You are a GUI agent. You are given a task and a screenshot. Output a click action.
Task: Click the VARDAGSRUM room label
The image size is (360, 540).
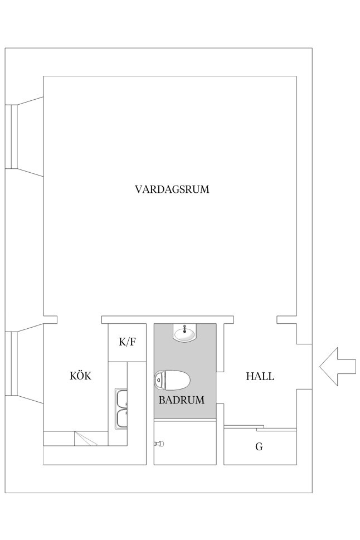(x=172, y=189)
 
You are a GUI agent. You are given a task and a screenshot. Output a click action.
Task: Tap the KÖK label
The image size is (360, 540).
(x=81, y=376)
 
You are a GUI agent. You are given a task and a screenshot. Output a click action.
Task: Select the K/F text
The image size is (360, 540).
(x=127, y=342)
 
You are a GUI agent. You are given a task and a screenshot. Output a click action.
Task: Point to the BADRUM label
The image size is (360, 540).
(x=182, y=400)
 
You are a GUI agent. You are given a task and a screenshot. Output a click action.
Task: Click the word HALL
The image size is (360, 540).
(x=260, y=376)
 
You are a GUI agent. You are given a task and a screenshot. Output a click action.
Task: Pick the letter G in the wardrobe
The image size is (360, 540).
(x=259, y=447)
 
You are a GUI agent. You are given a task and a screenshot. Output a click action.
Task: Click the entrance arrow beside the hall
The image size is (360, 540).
(x=338, y=366)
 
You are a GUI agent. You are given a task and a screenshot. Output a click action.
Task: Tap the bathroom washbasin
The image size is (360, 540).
(x=184, y=332)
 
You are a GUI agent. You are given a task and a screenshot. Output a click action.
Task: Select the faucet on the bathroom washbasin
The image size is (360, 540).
(x=185, y=329)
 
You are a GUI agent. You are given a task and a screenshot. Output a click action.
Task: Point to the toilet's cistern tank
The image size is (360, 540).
(x=159, y=380)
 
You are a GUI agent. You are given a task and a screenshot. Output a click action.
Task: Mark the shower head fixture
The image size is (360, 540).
(x=159, y=444)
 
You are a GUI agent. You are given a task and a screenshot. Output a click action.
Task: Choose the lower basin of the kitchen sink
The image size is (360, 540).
(x=121, y=419)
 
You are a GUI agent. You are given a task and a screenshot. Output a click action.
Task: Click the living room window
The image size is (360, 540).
(x=11, y=137)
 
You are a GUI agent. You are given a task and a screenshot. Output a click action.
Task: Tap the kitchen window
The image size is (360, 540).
(x=11, y=363)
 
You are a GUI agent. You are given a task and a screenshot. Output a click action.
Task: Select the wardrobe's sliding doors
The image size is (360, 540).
(x=260, y=428)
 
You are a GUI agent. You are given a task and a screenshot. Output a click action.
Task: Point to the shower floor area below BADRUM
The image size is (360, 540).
(x=185, y=442)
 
